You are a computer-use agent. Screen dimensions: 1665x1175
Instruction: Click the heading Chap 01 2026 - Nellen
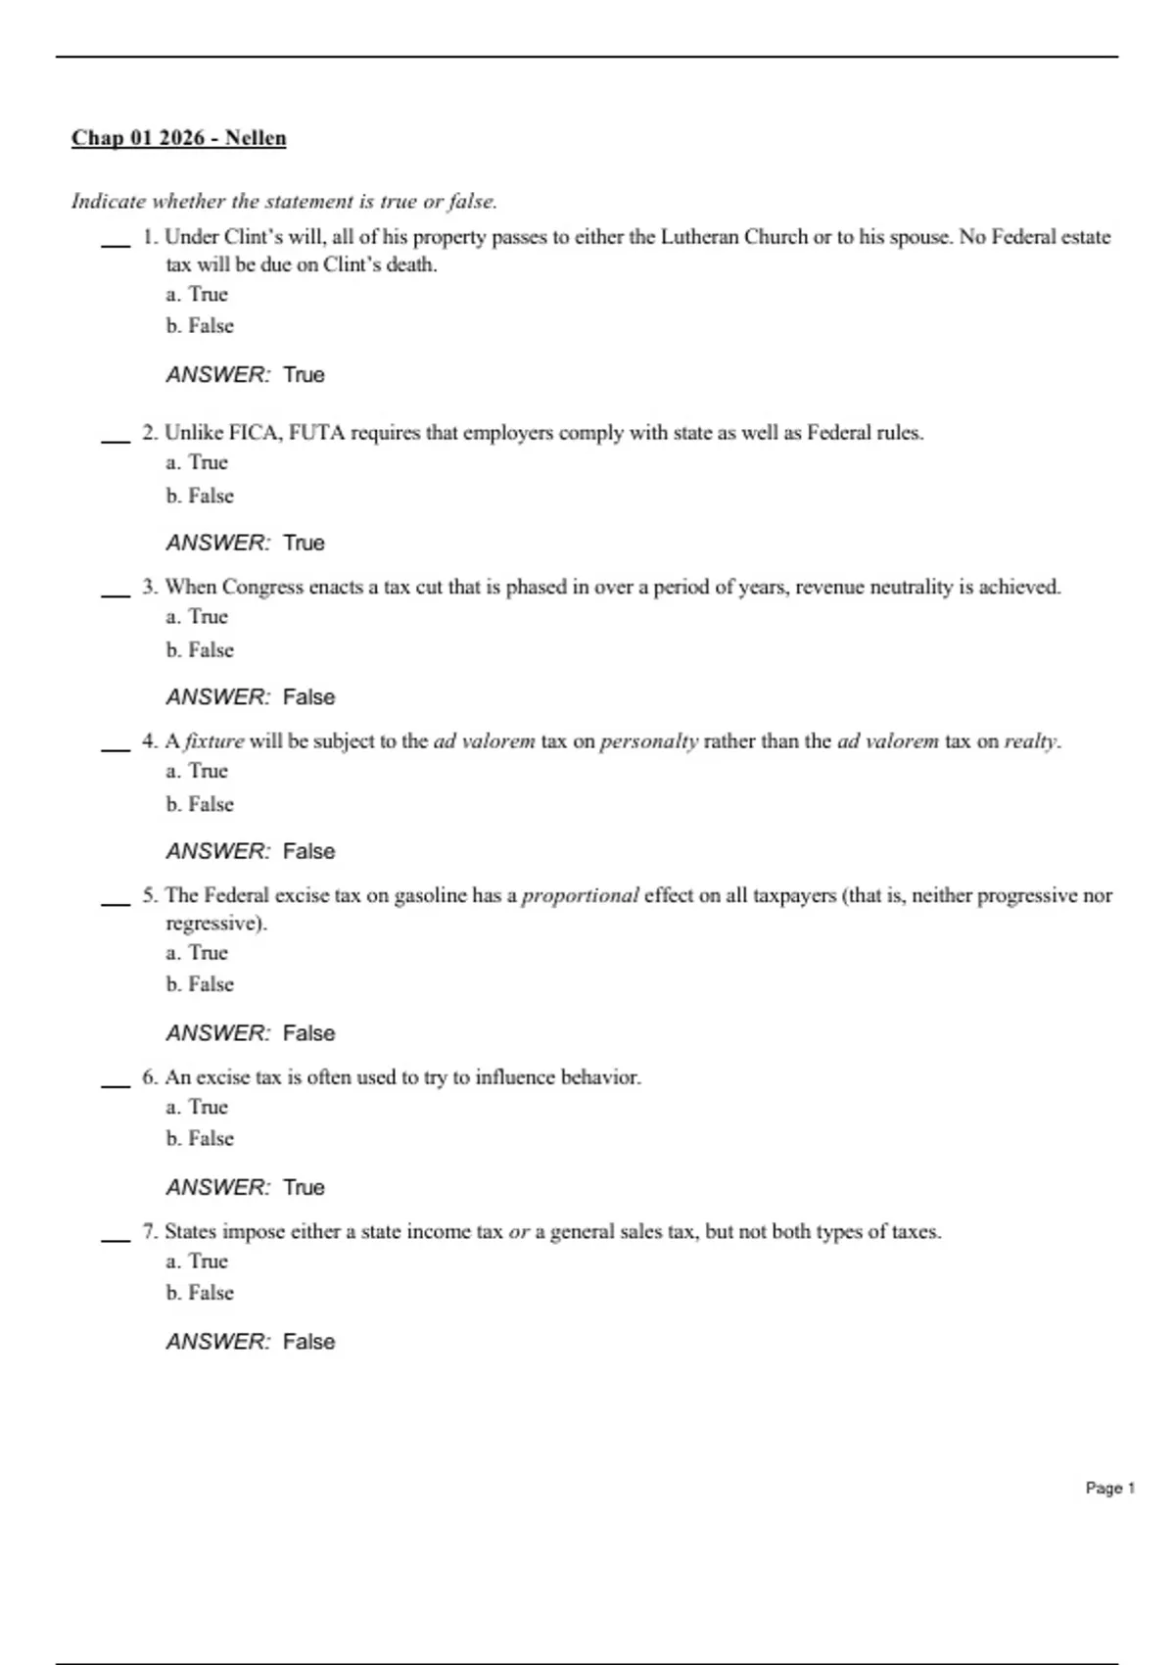coord(178,138)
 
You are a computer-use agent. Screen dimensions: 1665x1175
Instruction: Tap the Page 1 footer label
coord(1109,1488)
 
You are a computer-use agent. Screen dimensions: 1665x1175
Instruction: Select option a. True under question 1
coord(197,294)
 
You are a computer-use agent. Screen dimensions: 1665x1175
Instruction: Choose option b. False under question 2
coord(200,496)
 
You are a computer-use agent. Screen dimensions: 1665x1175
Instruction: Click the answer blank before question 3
coord(116,592)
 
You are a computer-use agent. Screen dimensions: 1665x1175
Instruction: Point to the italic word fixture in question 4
coord(213,741)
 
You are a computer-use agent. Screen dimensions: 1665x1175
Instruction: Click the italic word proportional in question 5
coord(580,895)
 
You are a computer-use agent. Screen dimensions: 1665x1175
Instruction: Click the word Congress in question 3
coord(262,587)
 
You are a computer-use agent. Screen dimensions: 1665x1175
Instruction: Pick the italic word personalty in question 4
coord(648,741)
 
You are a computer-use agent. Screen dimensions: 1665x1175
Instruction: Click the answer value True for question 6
coord(304,1187)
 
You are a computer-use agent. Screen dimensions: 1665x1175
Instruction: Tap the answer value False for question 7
coord(308,1342)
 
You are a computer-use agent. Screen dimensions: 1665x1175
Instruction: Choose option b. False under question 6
coord(200,1138)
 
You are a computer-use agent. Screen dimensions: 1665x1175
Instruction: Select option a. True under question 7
coord(197,1261)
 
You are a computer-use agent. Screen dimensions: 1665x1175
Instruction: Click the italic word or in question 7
coord(518,1232)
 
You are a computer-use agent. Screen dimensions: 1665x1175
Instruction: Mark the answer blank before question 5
coord(116,900)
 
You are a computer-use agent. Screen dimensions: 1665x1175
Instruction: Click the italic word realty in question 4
coord(1031,741)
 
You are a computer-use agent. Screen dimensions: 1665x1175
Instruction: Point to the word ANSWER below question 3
coord(217,697)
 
